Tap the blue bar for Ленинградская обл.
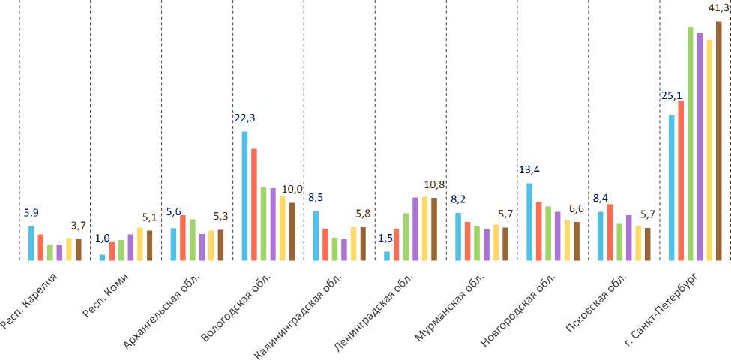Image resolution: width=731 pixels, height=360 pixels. click(387, 256)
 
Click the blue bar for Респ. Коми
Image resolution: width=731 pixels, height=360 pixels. click(103, 257)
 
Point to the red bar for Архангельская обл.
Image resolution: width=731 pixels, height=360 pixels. click(182, 238)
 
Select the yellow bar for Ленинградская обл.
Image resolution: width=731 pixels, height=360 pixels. click(424, 229)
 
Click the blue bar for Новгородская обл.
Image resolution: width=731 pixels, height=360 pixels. click(529, 222)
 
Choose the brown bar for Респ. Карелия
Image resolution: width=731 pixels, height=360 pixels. click(78, 250)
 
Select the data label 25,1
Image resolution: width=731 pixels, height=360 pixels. click(671, 95)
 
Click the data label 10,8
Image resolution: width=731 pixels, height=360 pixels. click(435, 184)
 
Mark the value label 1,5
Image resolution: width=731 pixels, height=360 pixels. click(386, 238)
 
